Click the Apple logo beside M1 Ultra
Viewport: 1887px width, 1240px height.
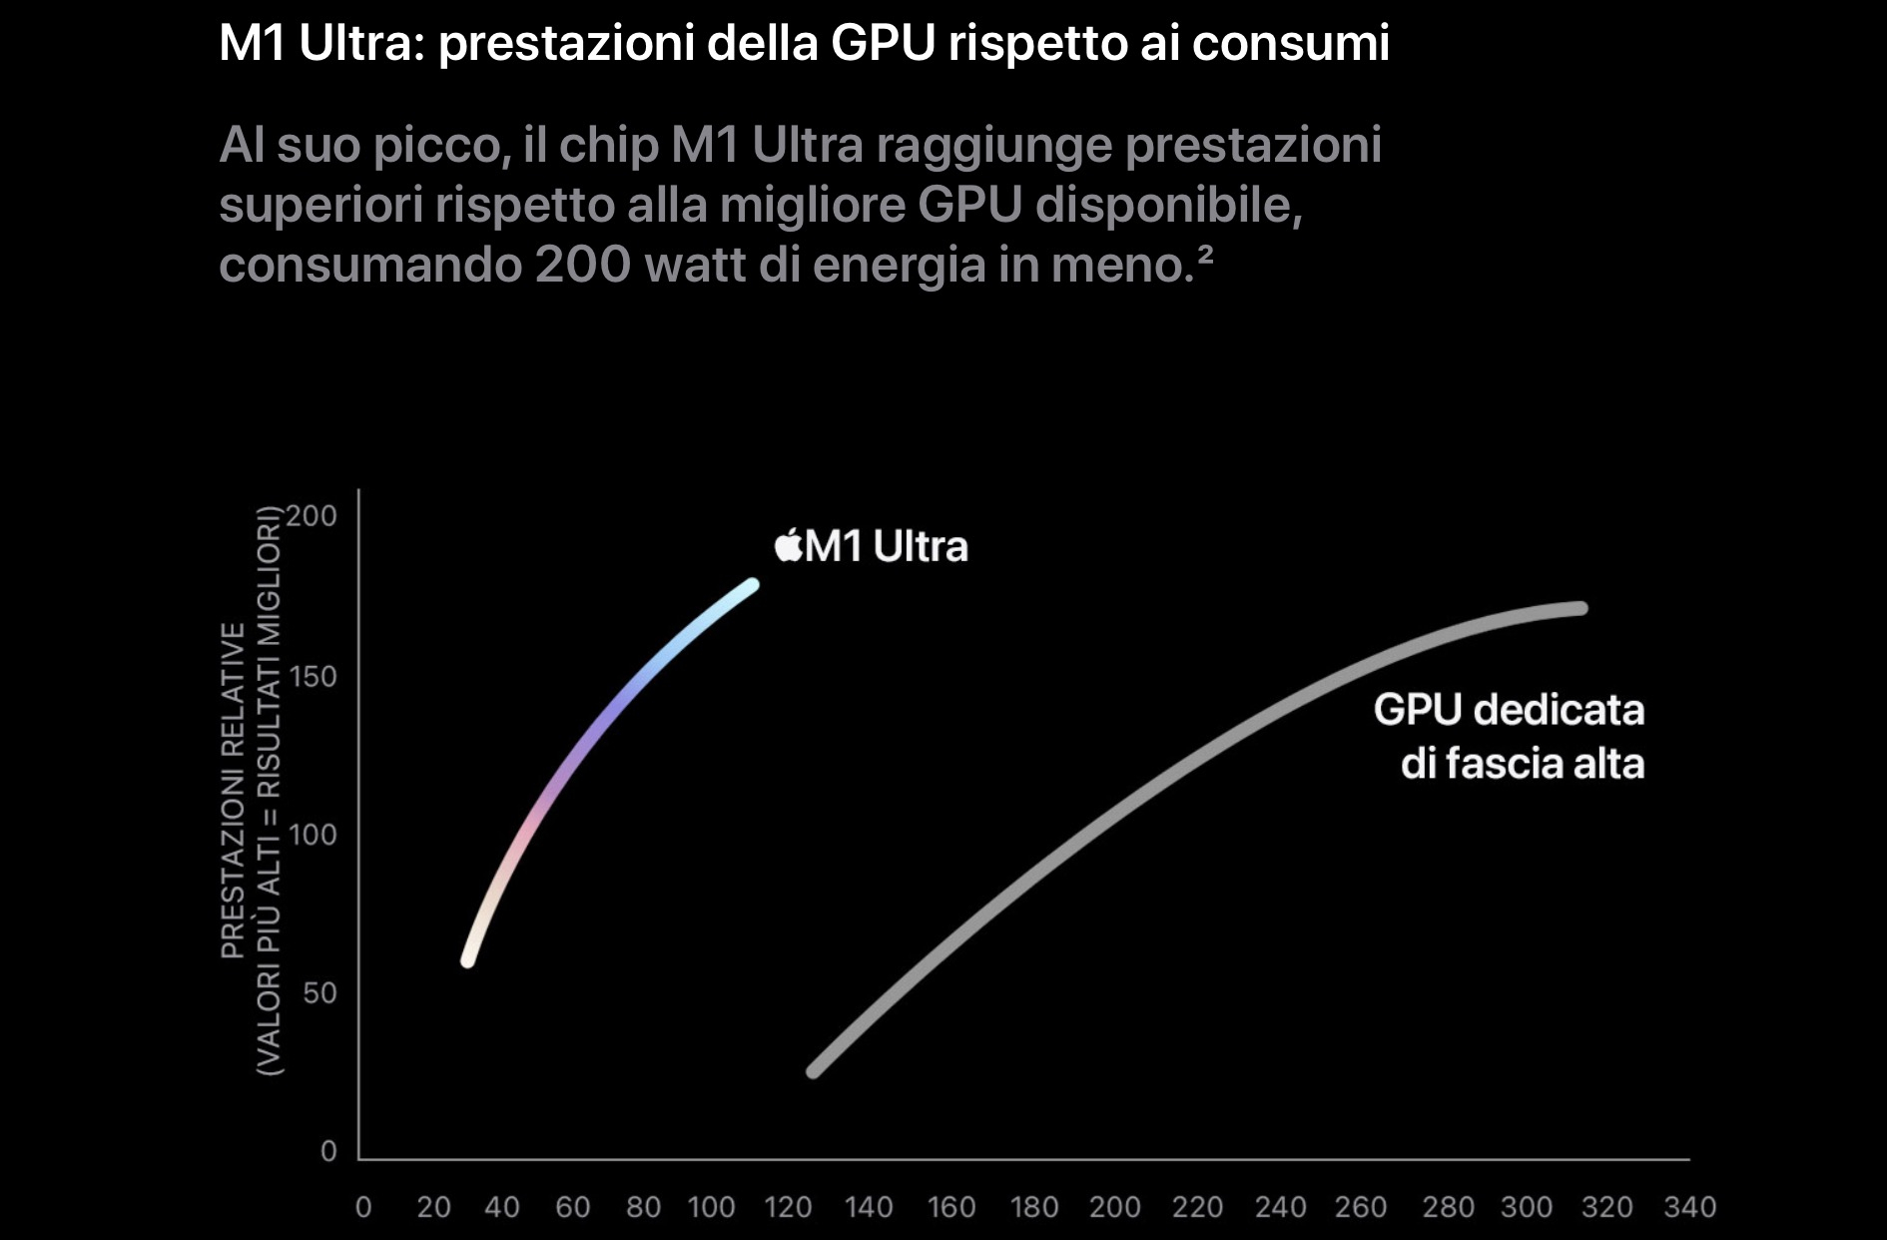[x=789, y=545]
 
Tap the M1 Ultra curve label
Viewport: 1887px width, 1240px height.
[x=887, y=547]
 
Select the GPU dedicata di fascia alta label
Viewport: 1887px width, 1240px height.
[x=1509, y=737]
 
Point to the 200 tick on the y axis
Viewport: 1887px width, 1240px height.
[x=313, y=516]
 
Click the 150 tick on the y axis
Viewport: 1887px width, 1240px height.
[x=313, y=676]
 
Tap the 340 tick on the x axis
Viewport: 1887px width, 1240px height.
[x=1689, y=1207]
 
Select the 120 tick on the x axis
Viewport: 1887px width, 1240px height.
[x=788, y=1207]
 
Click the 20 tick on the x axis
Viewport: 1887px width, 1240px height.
[x=433, y=1207]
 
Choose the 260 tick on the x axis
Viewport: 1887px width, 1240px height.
[x=1360, y=1207]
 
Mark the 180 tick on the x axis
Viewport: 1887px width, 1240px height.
[x=1033, y=1207]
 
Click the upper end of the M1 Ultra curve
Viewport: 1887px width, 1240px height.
[x=752, y=585]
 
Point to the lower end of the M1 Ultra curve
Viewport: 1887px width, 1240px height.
[x=467, y=960]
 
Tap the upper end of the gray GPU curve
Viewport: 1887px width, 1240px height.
[x=1580, y=608]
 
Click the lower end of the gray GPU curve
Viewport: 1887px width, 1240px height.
[x=813, y=1071]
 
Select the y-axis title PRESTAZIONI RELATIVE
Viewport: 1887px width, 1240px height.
[x=233, y=789]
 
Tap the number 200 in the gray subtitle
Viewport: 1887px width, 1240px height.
[x=582, y=265]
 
